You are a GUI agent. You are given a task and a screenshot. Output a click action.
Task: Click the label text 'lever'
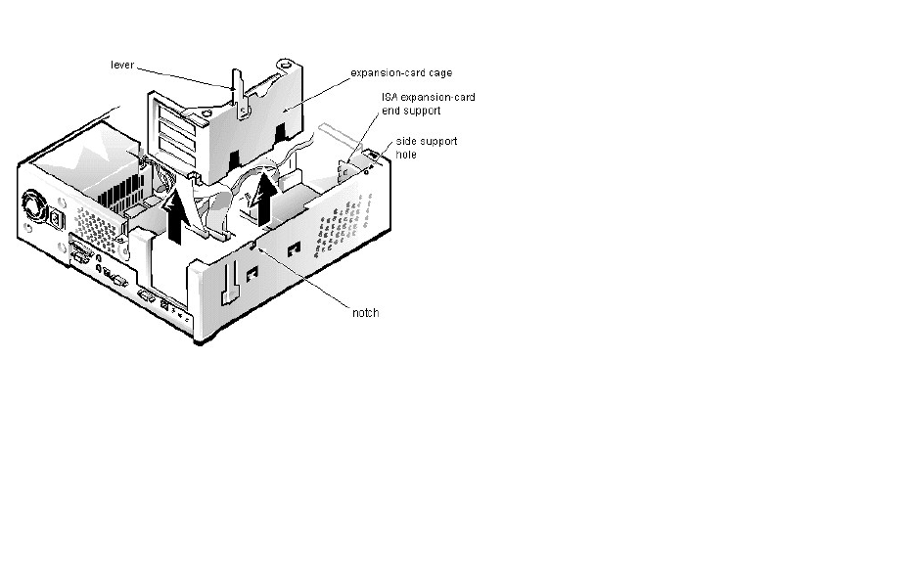point(121,65)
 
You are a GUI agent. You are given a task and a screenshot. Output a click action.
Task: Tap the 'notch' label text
point(365,312)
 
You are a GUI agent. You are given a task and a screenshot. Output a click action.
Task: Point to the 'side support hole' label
point(426,147)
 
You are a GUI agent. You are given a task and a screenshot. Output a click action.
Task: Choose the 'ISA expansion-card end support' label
point(428,104)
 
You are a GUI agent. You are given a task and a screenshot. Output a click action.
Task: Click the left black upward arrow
point(175,216)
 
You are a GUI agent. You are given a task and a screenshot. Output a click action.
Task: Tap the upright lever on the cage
point(236,88)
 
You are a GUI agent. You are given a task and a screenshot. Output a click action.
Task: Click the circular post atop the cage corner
point(285,65)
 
